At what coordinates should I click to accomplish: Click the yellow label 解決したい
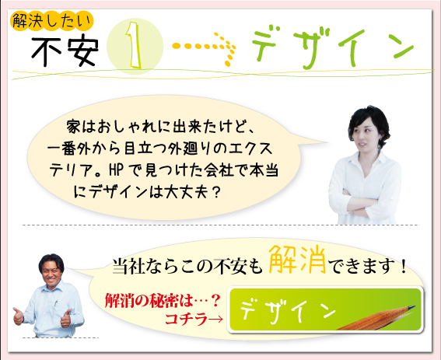pyautogui.click(x=51, y=21)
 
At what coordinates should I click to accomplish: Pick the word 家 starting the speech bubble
pyautogui.click(x=73, y=126)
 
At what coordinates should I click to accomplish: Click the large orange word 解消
pyautogui.click(x=298, y=260)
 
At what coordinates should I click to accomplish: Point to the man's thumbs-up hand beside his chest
pyautogui.click(x=66, y=319)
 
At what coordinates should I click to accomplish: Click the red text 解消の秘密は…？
pyautogui.click(x=162, y=301)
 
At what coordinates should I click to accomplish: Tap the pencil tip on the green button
pyautogui.click(x=413, y=306)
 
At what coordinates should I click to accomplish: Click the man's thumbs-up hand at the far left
pyautogui.click(x=18, y=316)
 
